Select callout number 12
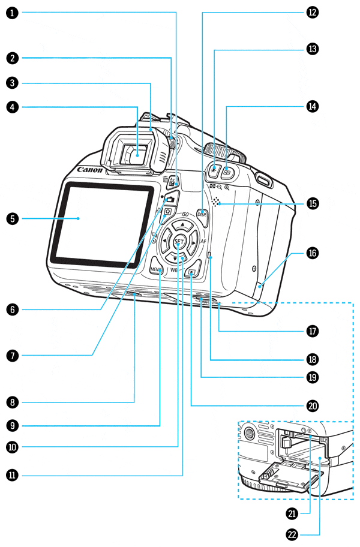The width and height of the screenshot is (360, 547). click(311, 11)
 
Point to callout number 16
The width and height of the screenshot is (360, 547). click(311, 253)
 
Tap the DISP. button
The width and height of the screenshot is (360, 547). click(202, 214)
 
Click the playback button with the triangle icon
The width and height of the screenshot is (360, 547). click(191, 273)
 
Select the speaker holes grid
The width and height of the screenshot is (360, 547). click(216, 202)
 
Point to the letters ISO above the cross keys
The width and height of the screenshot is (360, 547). click(185, 214)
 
